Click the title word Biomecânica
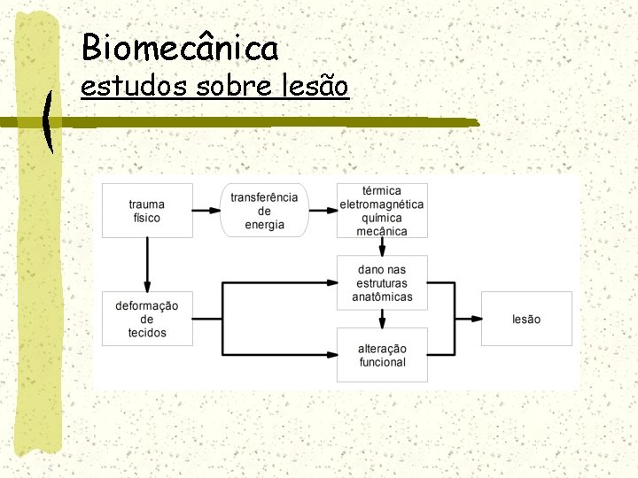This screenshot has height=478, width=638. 179,47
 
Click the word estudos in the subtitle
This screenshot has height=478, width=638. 129,87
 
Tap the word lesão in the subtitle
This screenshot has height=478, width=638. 312,87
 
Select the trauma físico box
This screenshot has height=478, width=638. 147,211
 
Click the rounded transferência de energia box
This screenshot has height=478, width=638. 264,211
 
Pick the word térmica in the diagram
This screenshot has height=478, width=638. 382,190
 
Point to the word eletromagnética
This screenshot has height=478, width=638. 382,204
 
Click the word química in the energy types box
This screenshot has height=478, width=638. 382,218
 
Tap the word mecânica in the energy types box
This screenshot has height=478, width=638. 382,232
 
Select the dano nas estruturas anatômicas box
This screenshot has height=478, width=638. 382,282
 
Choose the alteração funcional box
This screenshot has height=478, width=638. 382,355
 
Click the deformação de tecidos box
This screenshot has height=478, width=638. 147,319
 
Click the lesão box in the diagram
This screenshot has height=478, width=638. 526,319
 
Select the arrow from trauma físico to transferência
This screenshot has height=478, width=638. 206,211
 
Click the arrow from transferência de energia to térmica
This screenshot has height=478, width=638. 323,211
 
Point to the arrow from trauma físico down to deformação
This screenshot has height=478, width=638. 147,264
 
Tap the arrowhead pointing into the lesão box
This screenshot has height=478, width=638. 476,319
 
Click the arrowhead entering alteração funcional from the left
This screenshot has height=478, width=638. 331,355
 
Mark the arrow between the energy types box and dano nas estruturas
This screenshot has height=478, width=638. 382,247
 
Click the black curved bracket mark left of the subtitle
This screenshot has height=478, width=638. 47,122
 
